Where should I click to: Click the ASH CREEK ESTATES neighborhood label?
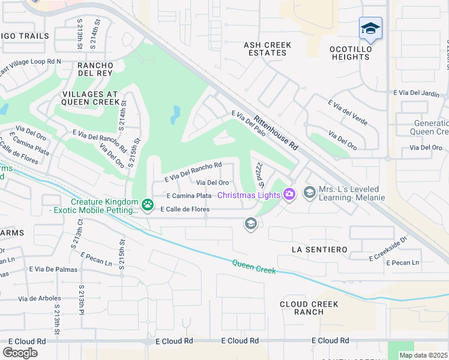coord(267,49)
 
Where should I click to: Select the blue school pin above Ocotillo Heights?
coord(370,29)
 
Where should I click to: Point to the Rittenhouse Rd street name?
coord(276,133)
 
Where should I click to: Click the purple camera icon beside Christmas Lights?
coord(290,194)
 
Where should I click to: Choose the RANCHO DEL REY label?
coord(95,69)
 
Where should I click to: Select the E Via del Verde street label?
coord(348,112)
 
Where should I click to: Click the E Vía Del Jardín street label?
coord(420,93)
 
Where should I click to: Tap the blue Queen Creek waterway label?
coord(254,266)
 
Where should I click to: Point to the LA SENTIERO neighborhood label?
coord(319,249)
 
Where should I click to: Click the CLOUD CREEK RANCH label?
coord(310,308)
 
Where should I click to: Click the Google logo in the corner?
coord(20,353)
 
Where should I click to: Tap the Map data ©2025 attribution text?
coord(424,355)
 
